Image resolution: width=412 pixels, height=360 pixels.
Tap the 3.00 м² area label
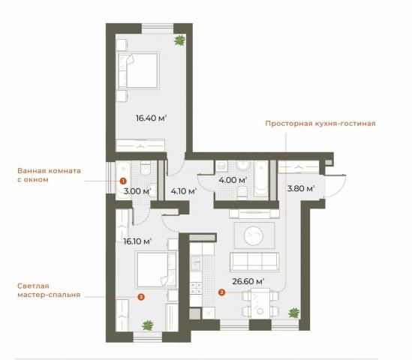tap(137, 191)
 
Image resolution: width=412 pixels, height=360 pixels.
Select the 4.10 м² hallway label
tap(183, 191)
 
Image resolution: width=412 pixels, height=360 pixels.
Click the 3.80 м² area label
tap(299, 188)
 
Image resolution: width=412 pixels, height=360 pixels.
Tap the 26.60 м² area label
tap(248, 281)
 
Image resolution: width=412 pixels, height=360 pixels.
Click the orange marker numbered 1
tap(123, 181)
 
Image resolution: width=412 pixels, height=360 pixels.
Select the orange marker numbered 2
tap(221, 293)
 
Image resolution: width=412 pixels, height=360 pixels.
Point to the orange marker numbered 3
tap(141, 297)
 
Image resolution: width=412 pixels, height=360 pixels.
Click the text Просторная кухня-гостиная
tap(320, 124)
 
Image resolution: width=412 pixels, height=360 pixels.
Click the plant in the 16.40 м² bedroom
tap(179, 41)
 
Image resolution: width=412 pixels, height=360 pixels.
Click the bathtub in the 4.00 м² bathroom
tap(260, 177)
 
